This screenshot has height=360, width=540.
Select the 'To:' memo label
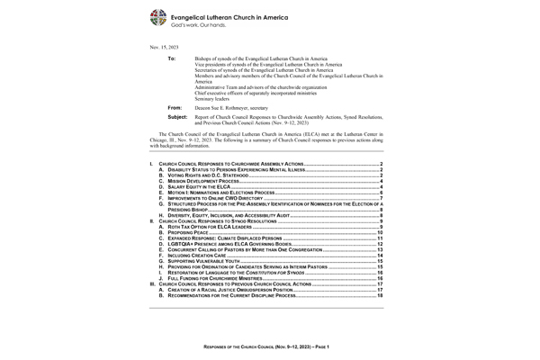coord(172,58)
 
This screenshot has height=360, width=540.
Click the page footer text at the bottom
coord(271,346)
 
